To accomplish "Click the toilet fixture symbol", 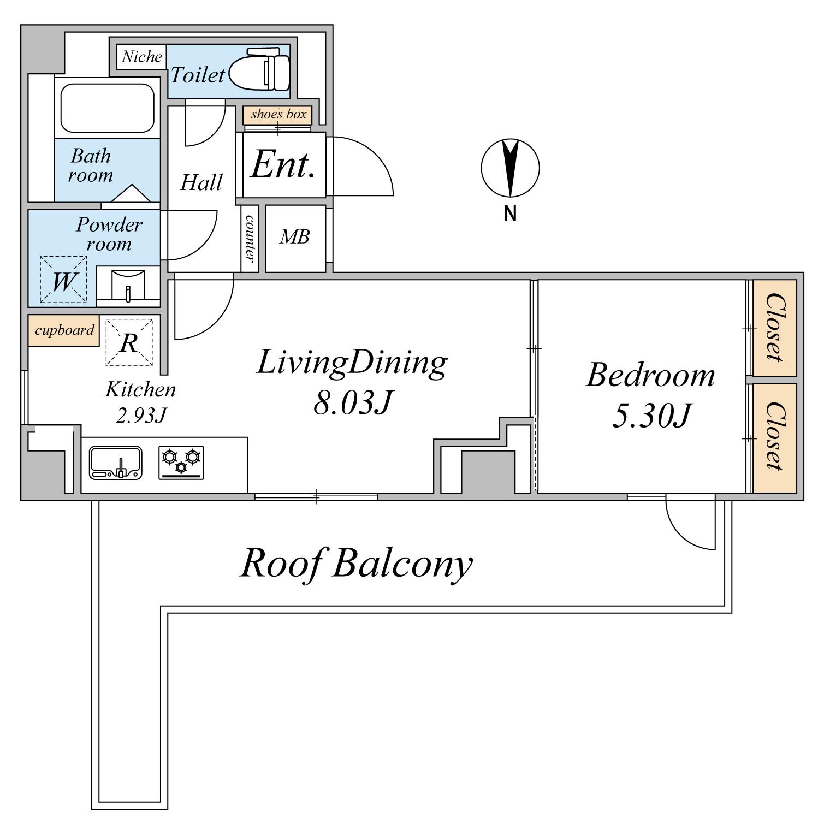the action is click(x=259, y=69).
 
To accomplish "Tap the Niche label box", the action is click(x=141, y=57).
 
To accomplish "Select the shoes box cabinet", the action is click(x=278, y=115).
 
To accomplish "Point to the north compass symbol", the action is click(x=510, y=168).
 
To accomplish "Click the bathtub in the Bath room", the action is click(x=107, y=108).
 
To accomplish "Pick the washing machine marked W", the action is click(x=63, y=280).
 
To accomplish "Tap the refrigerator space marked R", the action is click(x=129, y=342).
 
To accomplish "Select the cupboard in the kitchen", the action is click(x=64, y=330).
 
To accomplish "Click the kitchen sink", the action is click(x=116, y=463).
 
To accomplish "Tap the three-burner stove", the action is click(x=181, y=463).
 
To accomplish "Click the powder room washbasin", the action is click(x=128, y=285).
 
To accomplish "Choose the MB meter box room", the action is click(x=295, y=238).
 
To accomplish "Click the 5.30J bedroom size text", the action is click(x=651, y=417).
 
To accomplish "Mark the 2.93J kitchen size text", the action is click(x=141, y=416).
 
